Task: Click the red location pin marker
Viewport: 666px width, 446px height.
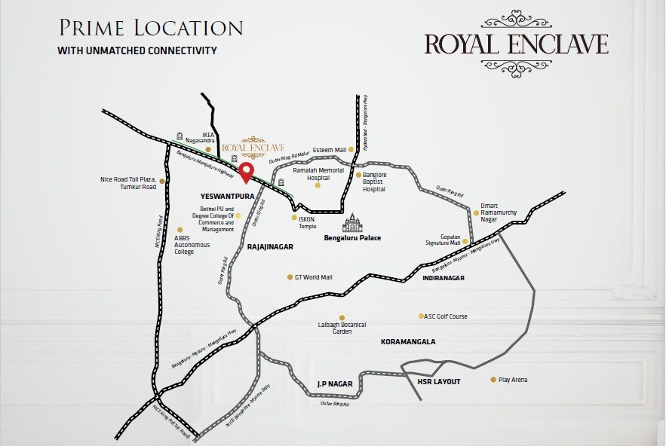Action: (x=246, y=173)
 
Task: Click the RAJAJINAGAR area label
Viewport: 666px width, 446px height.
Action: (x=270, y=246)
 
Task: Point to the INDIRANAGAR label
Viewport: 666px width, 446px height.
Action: (x=443, y=278)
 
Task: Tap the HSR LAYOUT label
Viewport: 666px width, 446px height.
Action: (x=438, y=381)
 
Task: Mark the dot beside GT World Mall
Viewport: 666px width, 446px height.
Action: (x=290, y=277)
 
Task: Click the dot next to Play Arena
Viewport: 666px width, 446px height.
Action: (x=493, y=380)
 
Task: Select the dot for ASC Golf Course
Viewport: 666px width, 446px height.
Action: (x=421, y=316)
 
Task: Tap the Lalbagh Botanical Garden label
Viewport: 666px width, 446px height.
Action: (x=342, y=328)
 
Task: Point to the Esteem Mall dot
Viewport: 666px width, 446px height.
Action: (x=351, y=150)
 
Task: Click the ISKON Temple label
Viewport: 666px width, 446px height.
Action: (x=307, y=222)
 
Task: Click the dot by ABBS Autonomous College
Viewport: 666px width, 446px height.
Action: (x=179, y=230)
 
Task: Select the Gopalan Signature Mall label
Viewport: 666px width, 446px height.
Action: (x=443, y=240)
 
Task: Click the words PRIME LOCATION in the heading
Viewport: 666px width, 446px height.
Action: (x=150, y=29)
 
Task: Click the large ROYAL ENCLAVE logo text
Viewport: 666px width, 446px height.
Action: (x=516, y=44)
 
